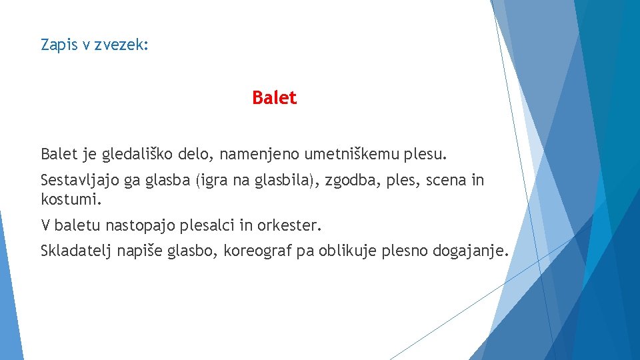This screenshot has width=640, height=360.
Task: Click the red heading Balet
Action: (x=274, y=98)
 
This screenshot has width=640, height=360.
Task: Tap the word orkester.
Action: (x=290, y=226)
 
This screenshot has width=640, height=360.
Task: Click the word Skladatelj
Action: (x=76, y=251)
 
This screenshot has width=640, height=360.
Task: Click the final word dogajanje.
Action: (x=471, y=251)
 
